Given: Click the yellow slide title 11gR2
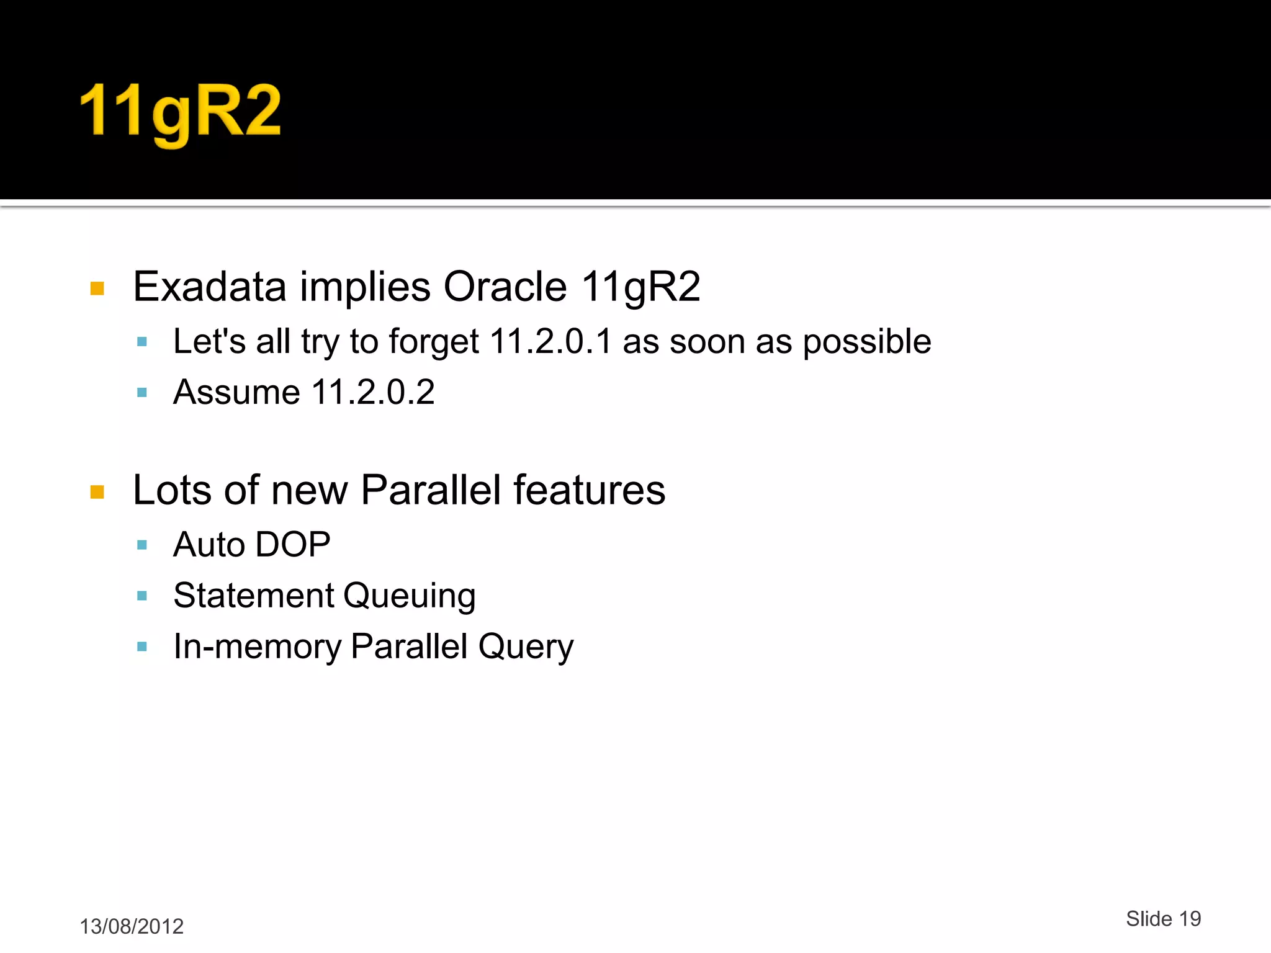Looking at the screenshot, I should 181,112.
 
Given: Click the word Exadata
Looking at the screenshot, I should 210,287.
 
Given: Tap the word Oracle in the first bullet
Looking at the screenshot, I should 505,287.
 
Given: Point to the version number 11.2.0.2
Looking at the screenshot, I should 372,393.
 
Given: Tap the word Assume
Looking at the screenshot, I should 237,393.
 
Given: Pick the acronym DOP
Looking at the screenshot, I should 293,545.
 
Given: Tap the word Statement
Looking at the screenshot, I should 254,596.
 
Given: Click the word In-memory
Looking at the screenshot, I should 257,647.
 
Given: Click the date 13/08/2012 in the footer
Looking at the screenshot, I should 132,926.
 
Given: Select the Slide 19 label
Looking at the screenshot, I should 1163,919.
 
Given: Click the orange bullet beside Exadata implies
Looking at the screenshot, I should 97,289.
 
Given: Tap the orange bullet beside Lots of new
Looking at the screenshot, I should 97,492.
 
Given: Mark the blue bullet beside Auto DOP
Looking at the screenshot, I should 142,545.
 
